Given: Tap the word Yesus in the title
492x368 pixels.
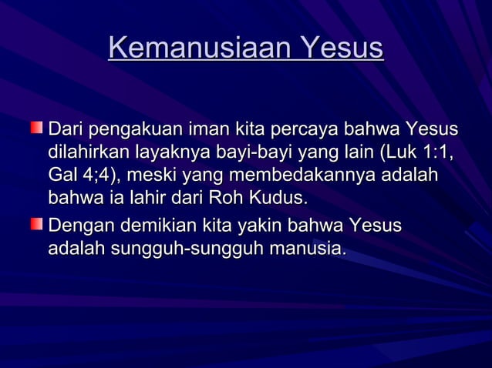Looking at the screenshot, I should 341,49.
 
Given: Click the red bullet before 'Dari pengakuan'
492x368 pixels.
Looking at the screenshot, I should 37,126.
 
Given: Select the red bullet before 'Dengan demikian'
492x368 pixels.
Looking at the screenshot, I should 37,224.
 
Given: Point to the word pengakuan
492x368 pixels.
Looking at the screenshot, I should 133,129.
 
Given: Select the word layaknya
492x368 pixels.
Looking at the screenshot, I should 170,152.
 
